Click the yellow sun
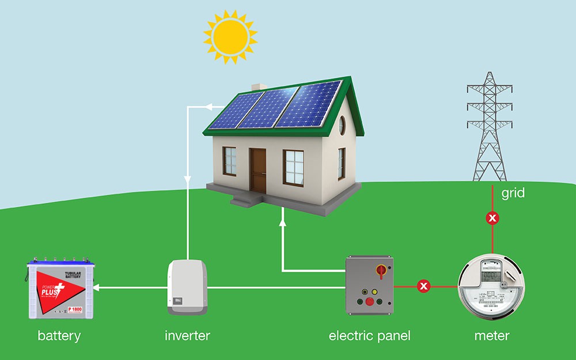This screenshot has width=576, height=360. pos(230,35)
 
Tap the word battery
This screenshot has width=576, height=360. pos(59,335)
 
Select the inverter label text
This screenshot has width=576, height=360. pos(187,335)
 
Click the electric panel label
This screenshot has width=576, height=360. pos(369,335)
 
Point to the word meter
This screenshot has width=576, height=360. pos(491,335)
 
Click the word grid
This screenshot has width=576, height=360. pos(513,193)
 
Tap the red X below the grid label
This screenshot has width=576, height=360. pos(492,218)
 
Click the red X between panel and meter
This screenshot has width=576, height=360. pos(424,286)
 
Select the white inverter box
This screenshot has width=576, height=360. pos(187,286)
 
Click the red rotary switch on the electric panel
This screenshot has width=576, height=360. pos(381,270)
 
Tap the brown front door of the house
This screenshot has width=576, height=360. pos(258,170)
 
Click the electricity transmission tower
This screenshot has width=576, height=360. pos(490,127)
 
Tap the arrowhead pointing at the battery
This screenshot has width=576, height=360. pos(96,286)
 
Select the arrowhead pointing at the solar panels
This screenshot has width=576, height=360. pos(209,107)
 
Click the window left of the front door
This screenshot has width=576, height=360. pos(229,161)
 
